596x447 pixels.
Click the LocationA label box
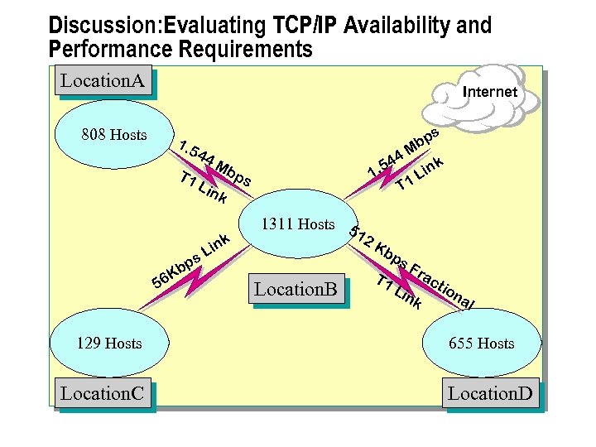tap(103, 81)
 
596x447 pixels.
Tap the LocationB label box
tap(296, 290)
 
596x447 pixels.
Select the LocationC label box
tap(103, 393)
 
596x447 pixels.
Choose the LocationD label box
tap(490, 393)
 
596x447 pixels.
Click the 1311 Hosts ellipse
tap(297, 224)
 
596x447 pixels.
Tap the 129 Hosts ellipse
tap(108, 343)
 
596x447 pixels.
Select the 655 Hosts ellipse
tap(481, 343)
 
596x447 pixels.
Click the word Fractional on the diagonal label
tap(443, 284)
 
